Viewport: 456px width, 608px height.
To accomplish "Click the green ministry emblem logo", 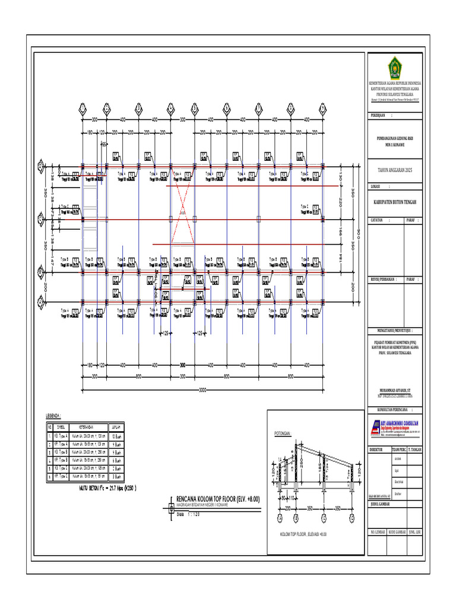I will point(394,65).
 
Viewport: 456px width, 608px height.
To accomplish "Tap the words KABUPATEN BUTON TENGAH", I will point(394,202).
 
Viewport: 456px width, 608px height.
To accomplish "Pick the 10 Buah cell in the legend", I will point(115,435).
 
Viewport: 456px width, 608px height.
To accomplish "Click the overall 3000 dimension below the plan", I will point(202,389).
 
